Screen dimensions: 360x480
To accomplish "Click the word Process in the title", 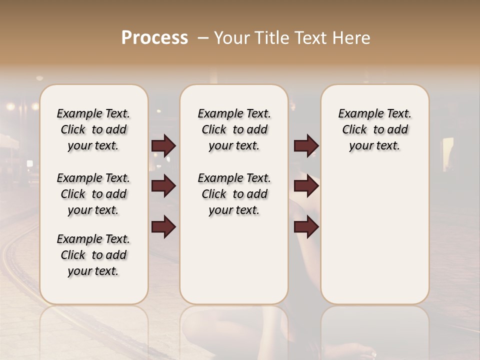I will pos(154,38).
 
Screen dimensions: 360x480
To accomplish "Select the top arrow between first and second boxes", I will pos(163,145).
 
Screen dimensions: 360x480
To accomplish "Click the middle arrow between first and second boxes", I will pos(163,186).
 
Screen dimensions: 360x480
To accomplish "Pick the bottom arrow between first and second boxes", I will pos(163,226).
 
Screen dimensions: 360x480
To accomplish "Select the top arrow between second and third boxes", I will pos(306,145).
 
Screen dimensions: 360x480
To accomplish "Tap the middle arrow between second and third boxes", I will pos(306,186).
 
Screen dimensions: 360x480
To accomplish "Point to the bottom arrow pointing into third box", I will pos(306,226).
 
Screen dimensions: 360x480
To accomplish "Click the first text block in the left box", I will pos(93,129).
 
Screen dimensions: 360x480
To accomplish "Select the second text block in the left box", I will pos(93,194).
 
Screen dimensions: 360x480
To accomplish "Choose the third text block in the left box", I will pos(93,255).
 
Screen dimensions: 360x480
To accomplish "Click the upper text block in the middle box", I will pos(234,129).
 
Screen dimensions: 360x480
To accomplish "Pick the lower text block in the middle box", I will pos(234,194).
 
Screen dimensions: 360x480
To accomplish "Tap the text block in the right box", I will pos(375,129).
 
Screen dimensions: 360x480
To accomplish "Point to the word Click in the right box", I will pos(354,130).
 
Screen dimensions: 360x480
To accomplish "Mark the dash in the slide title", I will pos(202,38).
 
